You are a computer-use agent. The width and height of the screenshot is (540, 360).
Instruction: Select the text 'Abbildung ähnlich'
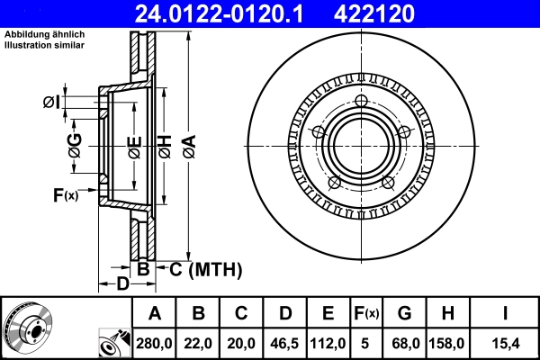pos(45,34)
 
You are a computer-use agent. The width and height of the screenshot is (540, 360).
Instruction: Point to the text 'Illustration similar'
pos(45,44)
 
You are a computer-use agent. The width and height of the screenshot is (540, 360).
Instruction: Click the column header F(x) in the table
pos(367,313)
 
